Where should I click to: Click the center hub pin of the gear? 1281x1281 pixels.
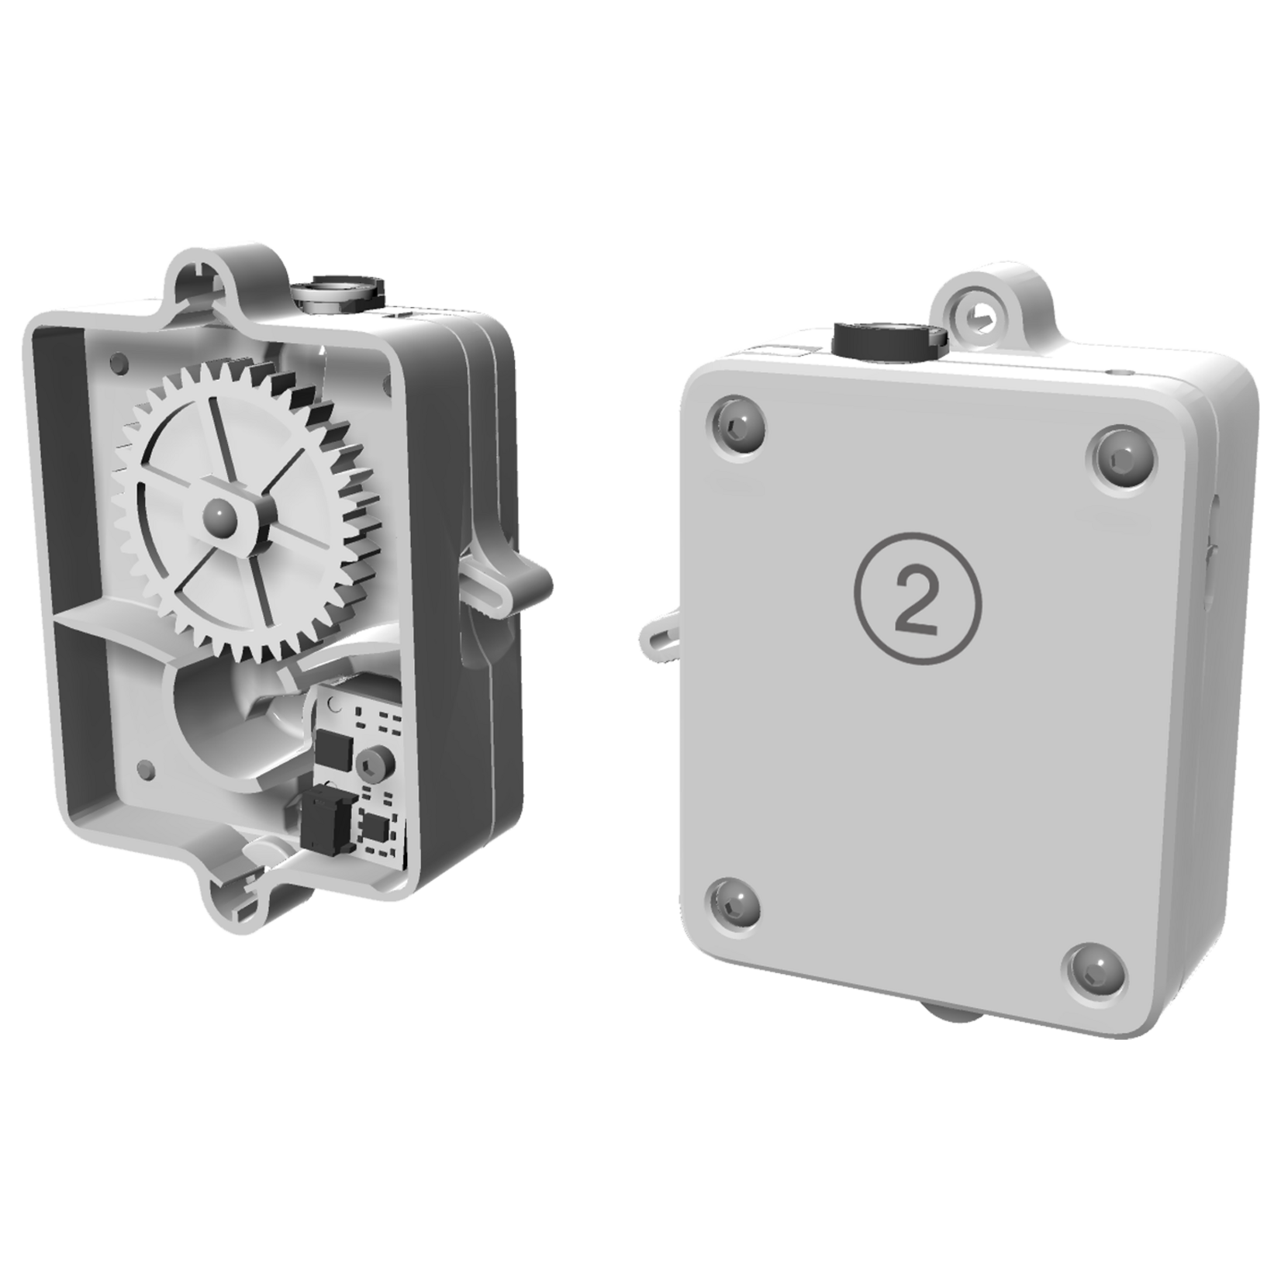(218, 512)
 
